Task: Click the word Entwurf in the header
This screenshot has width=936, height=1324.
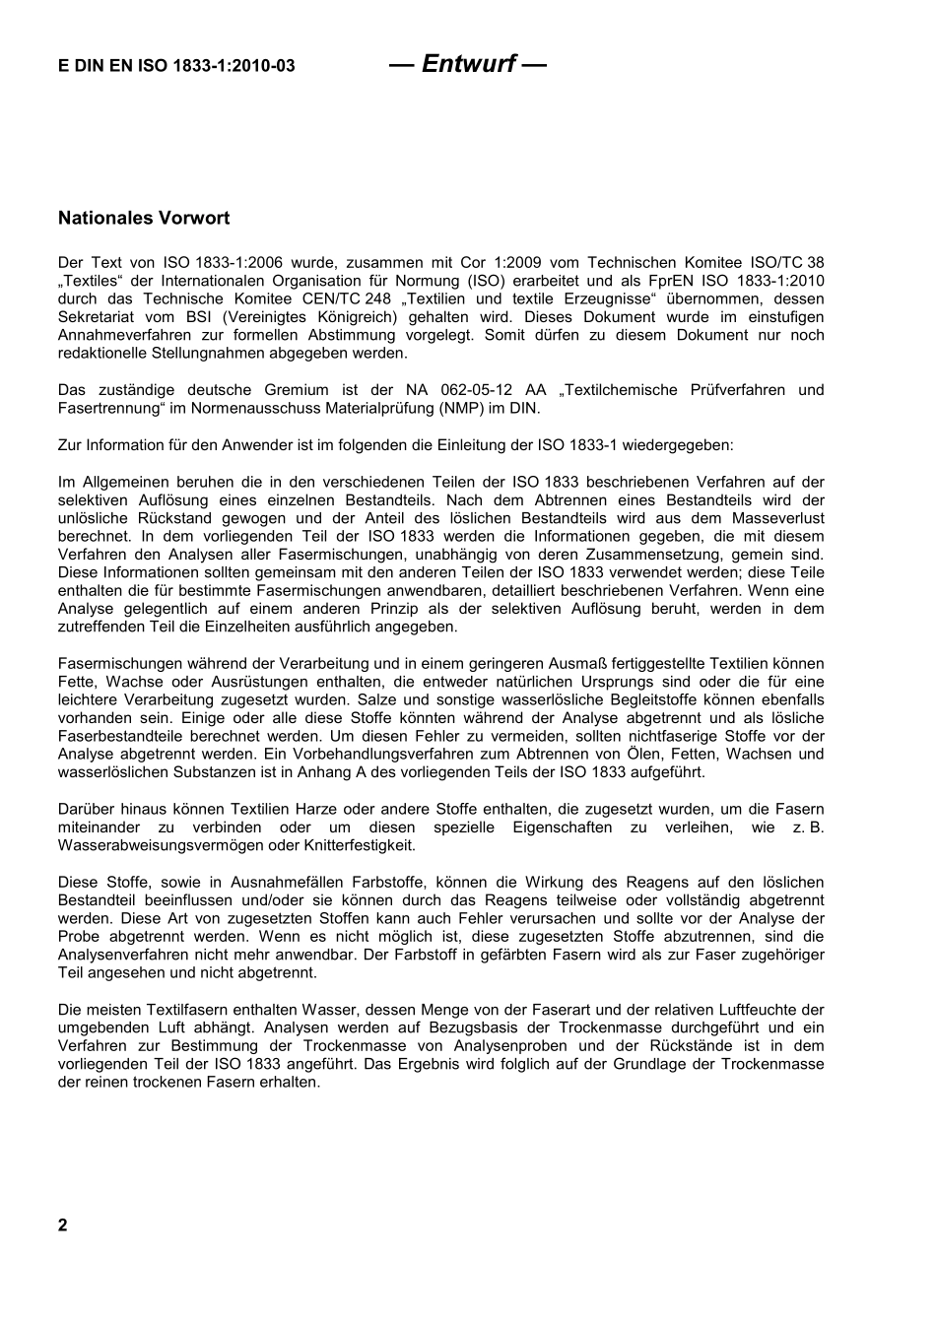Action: (x=468, y=64)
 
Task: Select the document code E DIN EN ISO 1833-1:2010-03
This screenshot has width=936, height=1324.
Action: (x=176, y=67)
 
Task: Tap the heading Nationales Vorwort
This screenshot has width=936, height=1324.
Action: (x=144, y=218)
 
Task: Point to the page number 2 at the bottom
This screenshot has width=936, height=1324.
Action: (x=63, y=1225)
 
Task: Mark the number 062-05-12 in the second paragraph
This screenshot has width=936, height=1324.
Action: (x=478, y=390)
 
